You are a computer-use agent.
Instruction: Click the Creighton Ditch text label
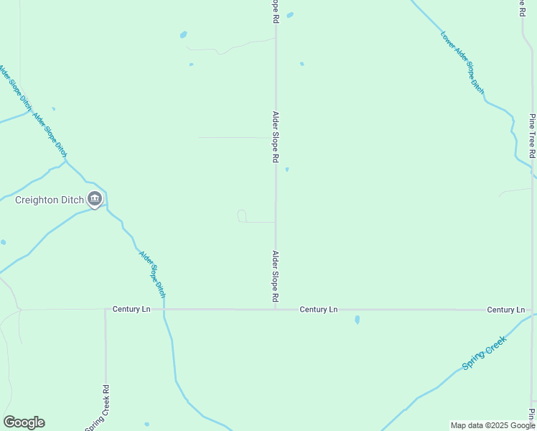click(50, 200)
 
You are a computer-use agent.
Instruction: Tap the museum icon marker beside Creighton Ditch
click(94, 199)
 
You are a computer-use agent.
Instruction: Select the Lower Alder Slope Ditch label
click(462, 62)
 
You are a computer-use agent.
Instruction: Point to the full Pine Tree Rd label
click(532, 135)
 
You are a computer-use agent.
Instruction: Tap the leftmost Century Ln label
click(131, 309)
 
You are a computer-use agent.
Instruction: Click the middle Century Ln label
click(318, 309)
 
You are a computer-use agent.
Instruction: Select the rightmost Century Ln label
click(505, 310)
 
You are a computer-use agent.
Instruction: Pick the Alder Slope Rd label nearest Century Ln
click(275, 276)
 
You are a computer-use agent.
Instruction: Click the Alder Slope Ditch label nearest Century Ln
click(152, 273)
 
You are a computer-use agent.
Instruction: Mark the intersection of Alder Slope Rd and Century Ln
click(276, 310)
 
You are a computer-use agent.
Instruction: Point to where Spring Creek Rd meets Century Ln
click(106, 310)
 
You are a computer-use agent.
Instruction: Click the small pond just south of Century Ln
click(357, 320)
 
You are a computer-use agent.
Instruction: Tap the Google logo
click(24, 422)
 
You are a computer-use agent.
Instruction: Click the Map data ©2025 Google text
click(492, 425)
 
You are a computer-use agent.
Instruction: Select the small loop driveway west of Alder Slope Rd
click(242, 216)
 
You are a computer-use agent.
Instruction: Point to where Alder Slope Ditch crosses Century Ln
click(164, 310)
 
